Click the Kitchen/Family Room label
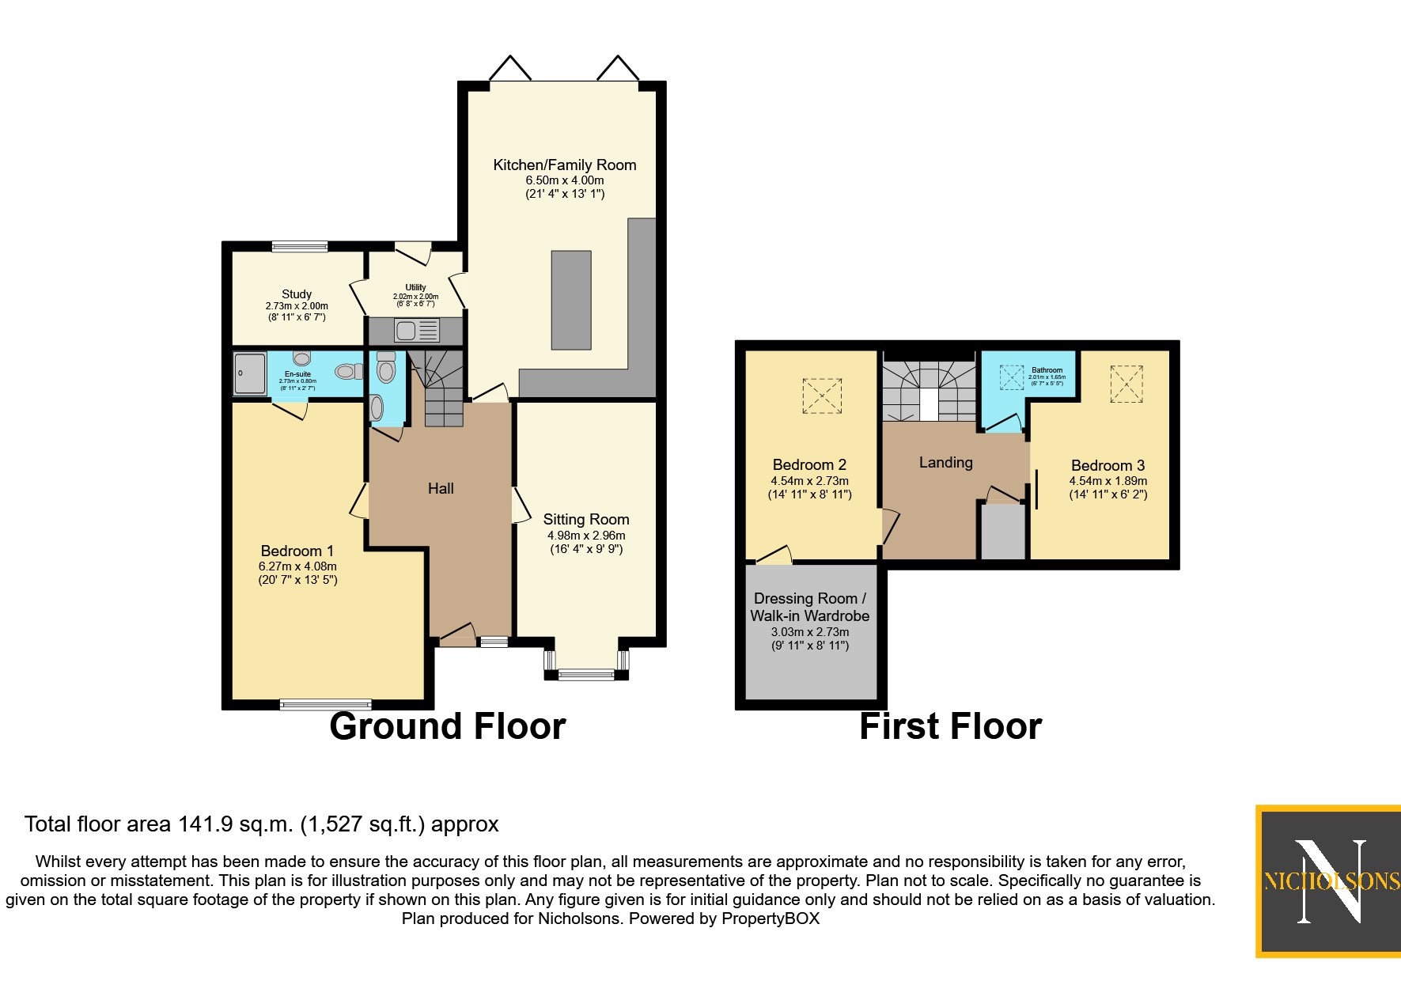[564, 165]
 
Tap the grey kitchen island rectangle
[571, 300]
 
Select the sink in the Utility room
[407, 330]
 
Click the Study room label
[297, 294]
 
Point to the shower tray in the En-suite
[250, 373]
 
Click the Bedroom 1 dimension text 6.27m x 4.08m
[297, 566]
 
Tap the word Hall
[441, 488]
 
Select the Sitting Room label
[586, 519]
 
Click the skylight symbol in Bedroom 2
[822, 396]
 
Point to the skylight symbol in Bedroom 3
[1126, 384]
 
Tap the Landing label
[945, 462]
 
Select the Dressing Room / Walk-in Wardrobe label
[809, 607]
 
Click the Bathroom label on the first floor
[1047, 369]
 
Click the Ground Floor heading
[447, 725]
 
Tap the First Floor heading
[950, 725]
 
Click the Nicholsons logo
[1330, 881]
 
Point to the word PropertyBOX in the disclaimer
[770, 919]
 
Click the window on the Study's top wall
[300, 247]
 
